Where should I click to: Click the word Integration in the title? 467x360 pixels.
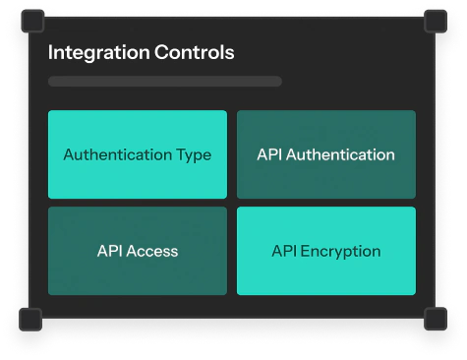point(99,53)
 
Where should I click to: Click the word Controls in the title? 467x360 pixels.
point(195,52)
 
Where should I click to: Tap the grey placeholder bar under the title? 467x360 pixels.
point(165,81)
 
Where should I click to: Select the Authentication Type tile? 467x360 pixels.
point(138,154)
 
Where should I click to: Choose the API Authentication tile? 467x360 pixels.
point(326,154)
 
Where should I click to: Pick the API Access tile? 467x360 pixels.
point(138,251)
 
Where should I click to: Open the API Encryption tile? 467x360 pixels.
point(326,251)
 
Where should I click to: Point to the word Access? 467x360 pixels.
point(152,251)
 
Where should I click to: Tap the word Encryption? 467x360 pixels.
point(340,252)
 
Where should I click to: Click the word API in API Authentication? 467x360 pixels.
point(269,154)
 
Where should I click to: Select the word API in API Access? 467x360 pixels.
point(110,251)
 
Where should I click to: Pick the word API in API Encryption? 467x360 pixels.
point(284,251)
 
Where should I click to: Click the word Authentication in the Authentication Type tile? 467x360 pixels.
point(118,154)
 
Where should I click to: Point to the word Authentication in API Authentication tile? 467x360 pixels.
point(340,154)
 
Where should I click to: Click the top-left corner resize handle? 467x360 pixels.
point(32,22)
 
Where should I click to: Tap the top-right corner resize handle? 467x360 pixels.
point(436,22)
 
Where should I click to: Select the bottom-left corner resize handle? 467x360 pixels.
point(30,320)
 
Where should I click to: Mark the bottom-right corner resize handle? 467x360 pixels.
point(436,319)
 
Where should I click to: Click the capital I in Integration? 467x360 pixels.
point(50,52)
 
